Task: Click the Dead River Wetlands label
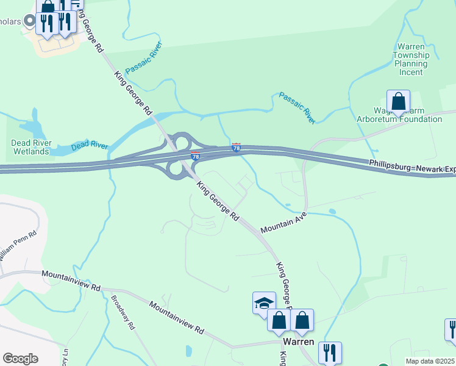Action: coord(30,147)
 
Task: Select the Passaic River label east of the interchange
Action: coord(297,108)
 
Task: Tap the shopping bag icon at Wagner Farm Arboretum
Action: coord(398,101)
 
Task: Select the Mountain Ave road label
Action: coord(283,223)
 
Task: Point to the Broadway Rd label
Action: coord(123,313)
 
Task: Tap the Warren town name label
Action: coord(299,342)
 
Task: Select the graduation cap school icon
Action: coord(264,303)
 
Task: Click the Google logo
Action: coord(20,359)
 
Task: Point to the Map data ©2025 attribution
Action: coord(430,361)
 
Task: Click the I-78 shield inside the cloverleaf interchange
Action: coord(195,156)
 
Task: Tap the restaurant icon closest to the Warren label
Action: coord(330,352)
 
